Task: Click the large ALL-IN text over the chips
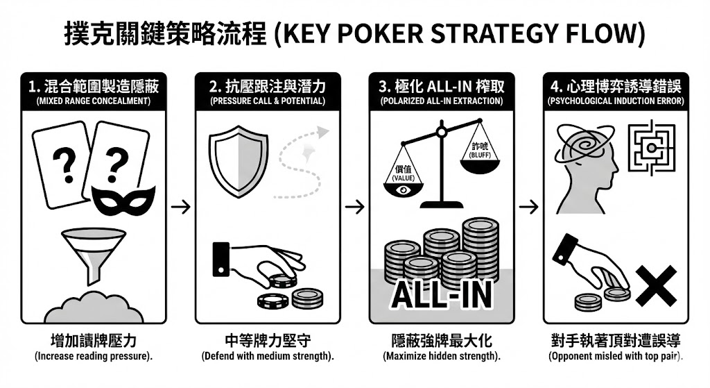(x=441, y=294)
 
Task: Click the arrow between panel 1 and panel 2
(x=181, y=207)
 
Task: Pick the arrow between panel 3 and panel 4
(x=529, y=207)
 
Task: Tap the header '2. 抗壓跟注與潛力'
(x=268, y=87)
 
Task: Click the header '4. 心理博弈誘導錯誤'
(x=615, y=87)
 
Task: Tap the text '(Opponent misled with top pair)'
(x=615, y=357)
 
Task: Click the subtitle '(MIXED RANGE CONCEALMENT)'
(x=94, y=101)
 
